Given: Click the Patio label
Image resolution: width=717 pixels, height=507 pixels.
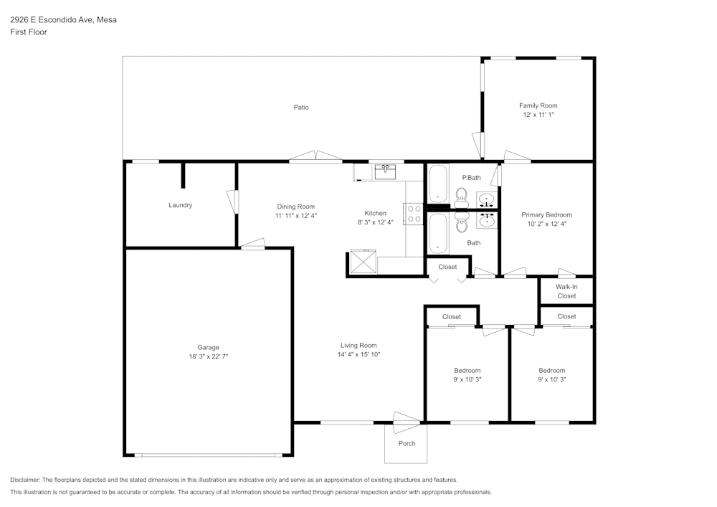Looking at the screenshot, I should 301,108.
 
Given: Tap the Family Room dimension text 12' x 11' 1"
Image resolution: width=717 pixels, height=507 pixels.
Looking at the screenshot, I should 538,115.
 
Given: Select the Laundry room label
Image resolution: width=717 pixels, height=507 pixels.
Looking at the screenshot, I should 180,205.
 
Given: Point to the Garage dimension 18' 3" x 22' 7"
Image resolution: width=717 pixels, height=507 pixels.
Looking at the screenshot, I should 209,356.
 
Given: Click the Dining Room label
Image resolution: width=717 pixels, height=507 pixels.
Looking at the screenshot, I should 295,207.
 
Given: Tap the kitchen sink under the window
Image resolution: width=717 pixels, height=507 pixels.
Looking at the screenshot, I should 385,171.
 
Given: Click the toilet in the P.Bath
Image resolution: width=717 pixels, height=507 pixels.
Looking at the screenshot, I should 460,194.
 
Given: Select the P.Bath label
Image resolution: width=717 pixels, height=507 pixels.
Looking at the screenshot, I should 471,178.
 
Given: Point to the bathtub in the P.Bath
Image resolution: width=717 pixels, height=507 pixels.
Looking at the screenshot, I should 437,184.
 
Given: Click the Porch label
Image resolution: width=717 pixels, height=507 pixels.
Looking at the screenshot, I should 407,443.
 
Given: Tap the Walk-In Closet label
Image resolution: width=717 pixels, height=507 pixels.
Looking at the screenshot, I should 566,291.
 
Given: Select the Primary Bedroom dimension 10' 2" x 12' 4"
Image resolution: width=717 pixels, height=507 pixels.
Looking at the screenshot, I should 547,224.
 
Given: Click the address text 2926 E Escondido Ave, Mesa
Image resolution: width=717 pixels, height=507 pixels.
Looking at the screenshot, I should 63,20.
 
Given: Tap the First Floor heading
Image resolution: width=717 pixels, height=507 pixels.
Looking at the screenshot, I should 29,32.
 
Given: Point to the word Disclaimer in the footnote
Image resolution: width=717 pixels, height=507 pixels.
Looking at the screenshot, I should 25,480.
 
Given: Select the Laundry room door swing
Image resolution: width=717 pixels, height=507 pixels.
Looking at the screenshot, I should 232,200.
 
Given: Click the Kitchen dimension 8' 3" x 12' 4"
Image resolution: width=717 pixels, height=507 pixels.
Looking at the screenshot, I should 376,222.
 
